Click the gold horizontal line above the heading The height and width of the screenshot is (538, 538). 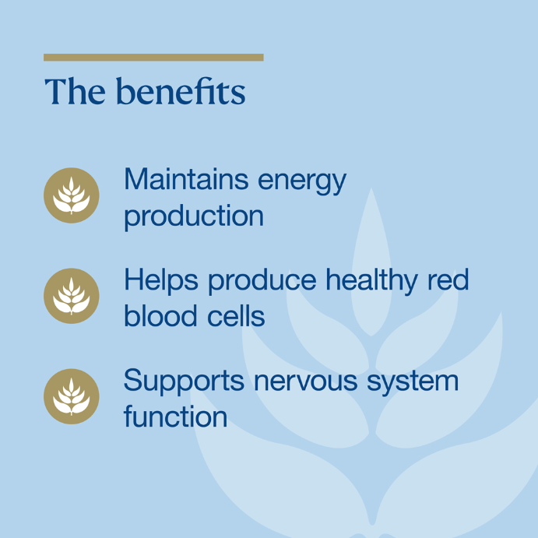(153, 58)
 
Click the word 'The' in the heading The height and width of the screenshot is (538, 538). (75, 91)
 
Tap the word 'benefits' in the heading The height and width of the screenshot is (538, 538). (181, 90)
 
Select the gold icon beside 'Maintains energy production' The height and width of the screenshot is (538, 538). (72, 195)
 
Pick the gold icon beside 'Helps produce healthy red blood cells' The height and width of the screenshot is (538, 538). (72, 296)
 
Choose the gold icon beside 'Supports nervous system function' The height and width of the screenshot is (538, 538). (72, 396)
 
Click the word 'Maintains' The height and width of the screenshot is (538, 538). (186, 179)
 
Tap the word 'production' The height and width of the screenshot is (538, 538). (194, 216)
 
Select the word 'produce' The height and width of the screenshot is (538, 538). (262, 283)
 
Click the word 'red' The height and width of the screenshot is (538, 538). (448, 280)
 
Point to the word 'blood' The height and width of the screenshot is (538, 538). (160, 315)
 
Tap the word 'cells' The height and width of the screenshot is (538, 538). (236, 315)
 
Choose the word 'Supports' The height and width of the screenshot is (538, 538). (184, 382)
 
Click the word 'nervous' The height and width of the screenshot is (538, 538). (306, 382)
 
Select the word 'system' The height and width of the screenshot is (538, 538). (413, 383)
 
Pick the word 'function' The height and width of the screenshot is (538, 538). (175, 416)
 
